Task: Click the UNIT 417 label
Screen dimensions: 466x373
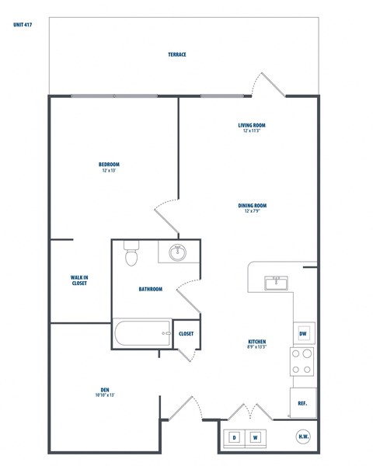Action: [x=23, y=24]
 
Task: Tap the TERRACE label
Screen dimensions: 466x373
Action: [x=177, y=54]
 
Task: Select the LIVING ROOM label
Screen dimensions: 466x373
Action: [x=253, y=127]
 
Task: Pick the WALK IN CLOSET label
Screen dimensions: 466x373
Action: [x=79, y=280]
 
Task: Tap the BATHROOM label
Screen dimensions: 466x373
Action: [x=151, y=289]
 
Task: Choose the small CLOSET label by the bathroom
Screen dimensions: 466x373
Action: [x=186, y=333]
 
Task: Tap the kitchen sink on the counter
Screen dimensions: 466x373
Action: [x=276, y=282]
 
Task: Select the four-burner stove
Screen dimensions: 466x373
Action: [x=302, y=361]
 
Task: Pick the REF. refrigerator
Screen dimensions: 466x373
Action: [x=304, y=403]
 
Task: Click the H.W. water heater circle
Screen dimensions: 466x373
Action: [x=304, y=437]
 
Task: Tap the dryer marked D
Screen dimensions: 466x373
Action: [x=235, y=438]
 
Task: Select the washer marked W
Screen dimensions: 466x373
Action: [x=255, y=438]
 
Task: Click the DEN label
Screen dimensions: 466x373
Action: [x=104, y=393]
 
